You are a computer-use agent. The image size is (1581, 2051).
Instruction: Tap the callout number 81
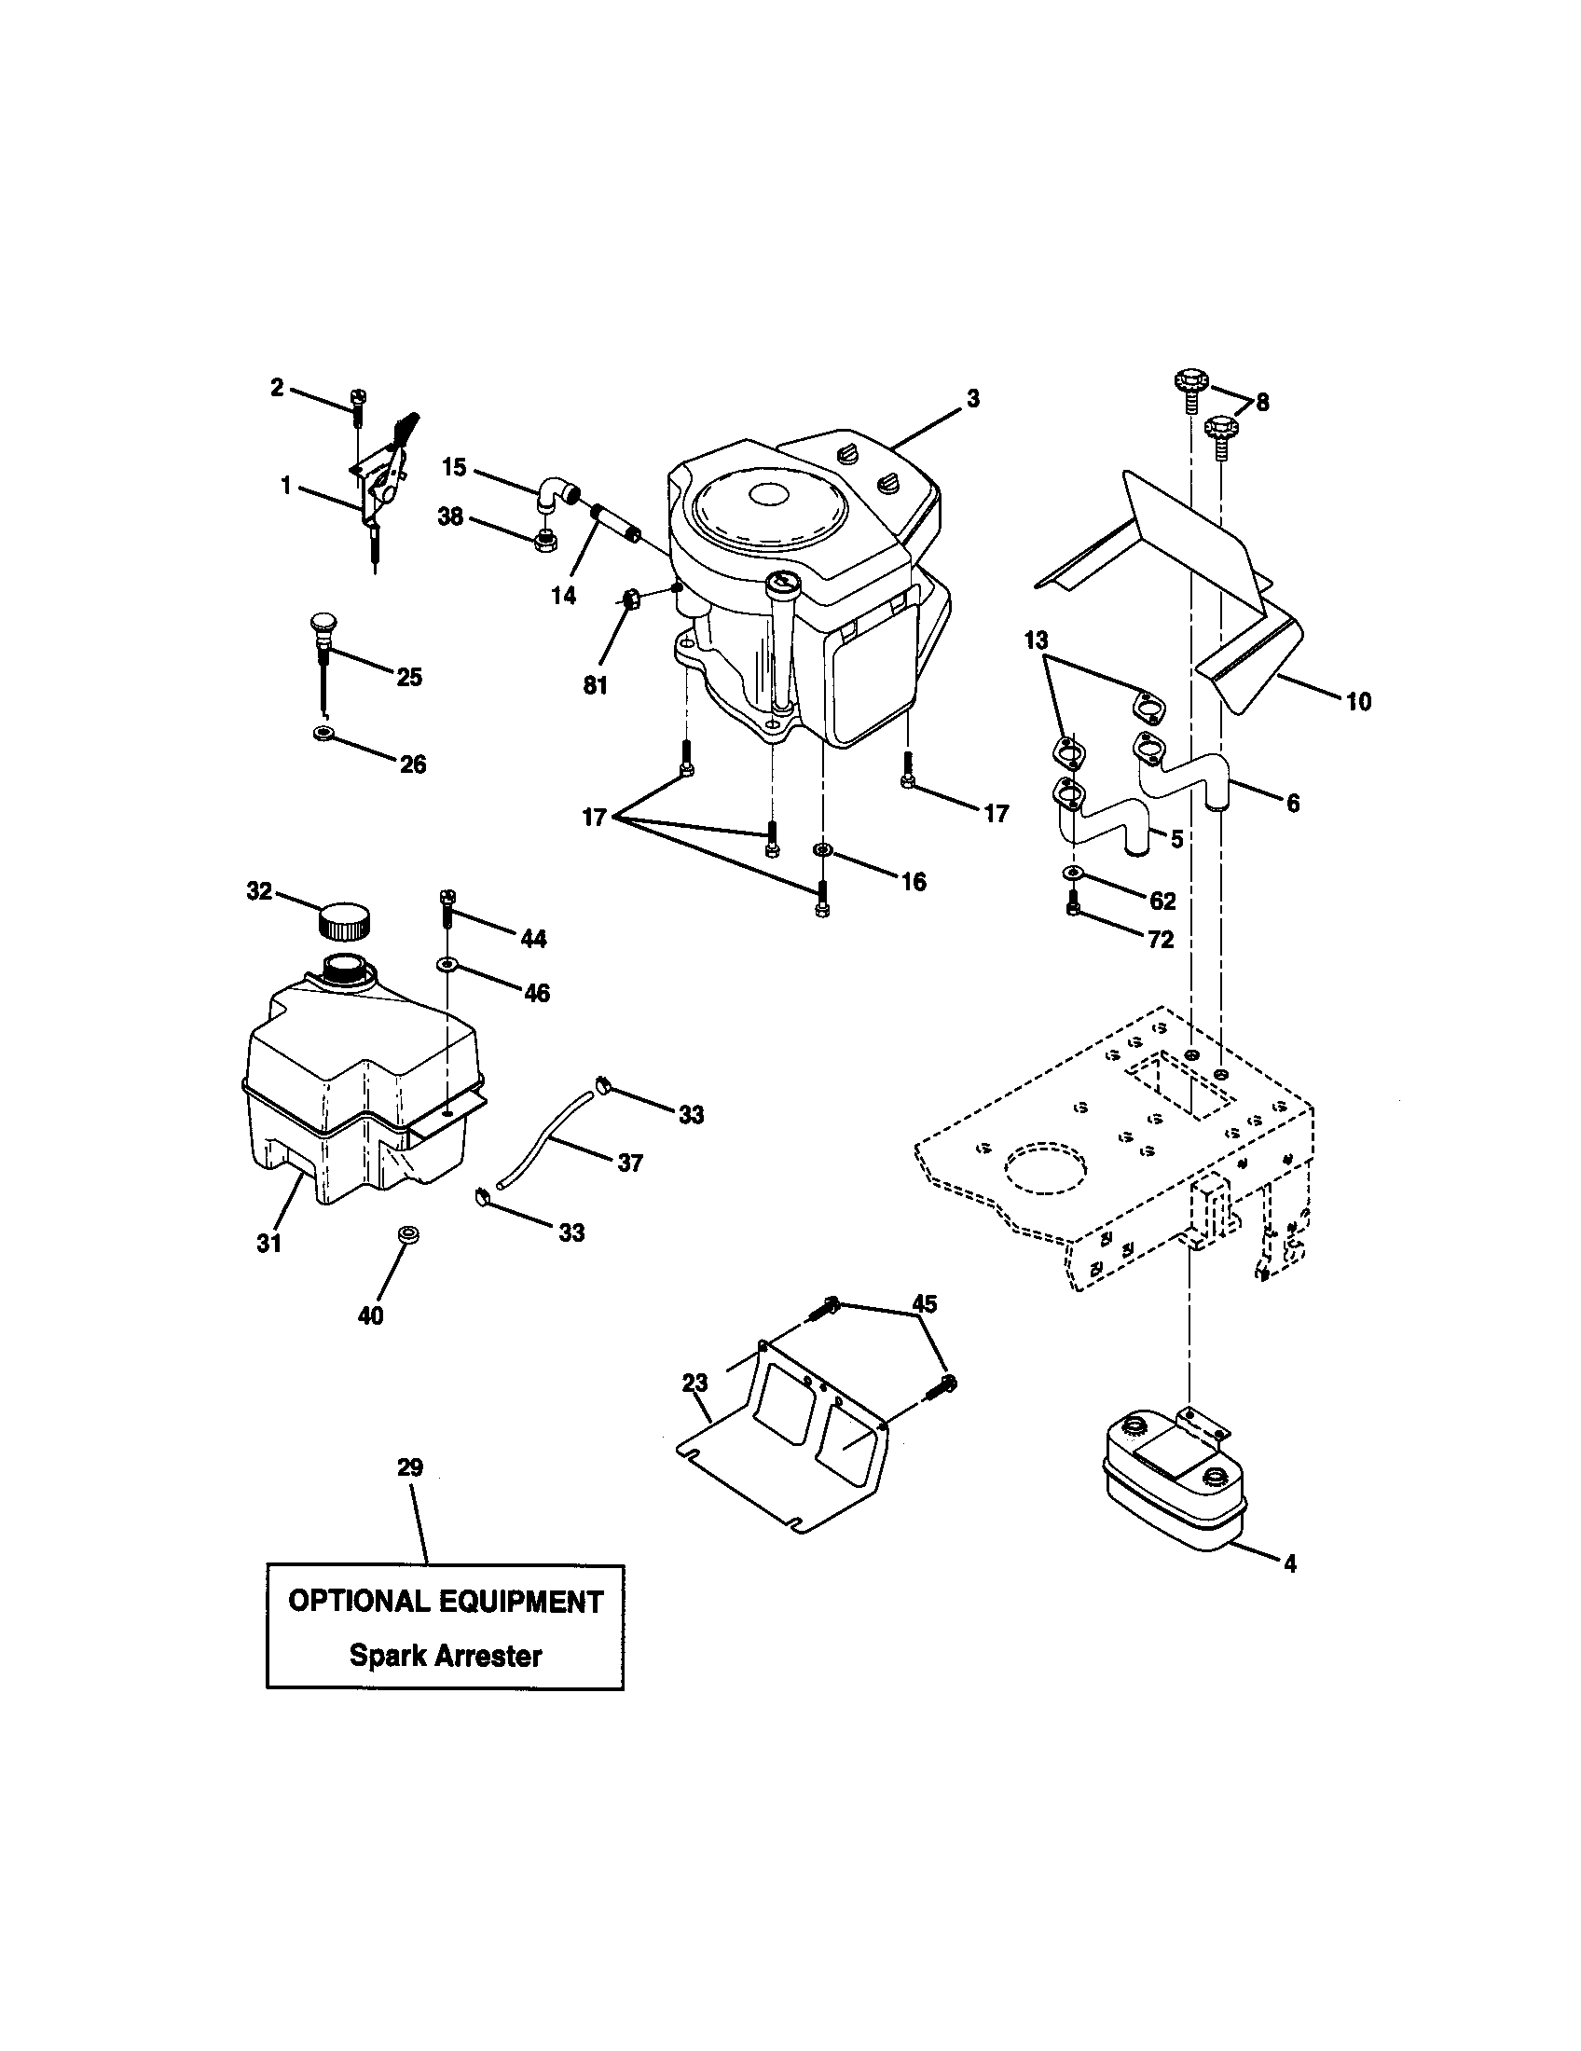[x=596, y=685]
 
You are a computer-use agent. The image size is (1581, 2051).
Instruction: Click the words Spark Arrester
[x=445, y=1655]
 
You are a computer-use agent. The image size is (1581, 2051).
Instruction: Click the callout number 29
[x=410, y=1466]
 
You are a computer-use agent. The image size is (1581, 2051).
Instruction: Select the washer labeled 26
[x=323, y=732]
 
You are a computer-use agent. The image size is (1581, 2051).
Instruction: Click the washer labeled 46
[x=447, y=965]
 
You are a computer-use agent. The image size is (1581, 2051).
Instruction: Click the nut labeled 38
[x=543, y=540]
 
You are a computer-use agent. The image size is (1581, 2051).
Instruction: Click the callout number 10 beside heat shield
[x=1358, y=700]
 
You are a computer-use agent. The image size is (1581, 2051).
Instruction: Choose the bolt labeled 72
[x=1074, y=907]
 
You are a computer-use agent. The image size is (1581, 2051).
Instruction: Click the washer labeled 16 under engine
[x=821, y=851]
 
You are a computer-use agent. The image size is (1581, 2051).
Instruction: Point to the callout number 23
[x=695, y=1383]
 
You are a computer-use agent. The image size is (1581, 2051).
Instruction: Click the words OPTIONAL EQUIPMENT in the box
[x=445, y=1601]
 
